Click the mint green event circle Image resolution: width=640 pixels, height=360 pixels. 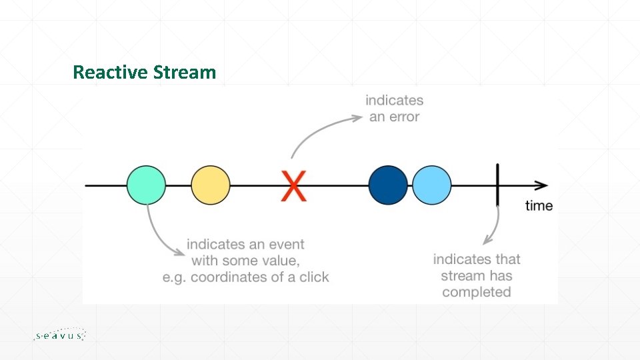click(x=147, y=185)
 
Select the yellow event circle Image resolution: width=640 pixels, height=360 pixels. click(x=211, y=185)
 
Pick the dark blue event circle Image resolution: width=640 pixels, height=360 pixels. click(x=388, y=185)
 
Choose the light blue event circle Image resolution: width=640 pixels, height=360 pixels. click(x=431, y=185)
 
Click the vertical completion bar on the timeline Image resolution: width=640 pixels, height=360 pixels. click(x=497, y=185)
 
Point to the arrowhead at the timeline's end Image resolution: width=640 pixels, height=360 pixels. click(x=541, y=185)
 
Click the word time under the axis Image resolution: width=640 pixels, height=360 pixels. click(x=539, y=205)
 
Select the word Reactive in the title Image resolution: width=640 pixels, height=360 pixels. click(x=110, y=72)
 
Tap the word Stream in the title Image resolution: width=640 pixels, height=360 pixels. click(x=185, y=72)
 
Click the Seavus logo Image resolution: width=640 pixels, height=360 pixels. click(x=59, y=335)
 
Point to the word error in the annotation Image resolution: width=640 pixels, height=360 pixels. click(x=405, y=117)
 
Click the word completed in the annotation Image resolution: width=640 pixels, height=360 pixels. click(x=476, y=292)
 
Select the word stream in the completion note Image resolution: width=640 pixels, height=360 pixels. click(x=461, y=275)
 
